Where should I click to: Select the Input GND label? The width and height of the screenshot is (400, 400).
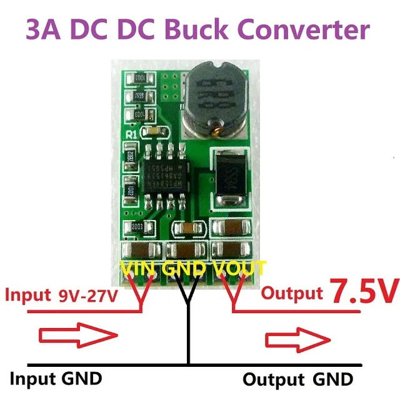point(56,377)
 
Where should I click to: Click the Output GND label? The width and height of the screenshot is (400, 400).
point(297,379)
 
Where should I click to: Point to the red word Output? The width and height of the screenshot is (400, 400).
point(292,292)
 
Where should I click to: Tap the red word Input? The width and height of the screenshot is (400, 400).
point(26,294)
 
